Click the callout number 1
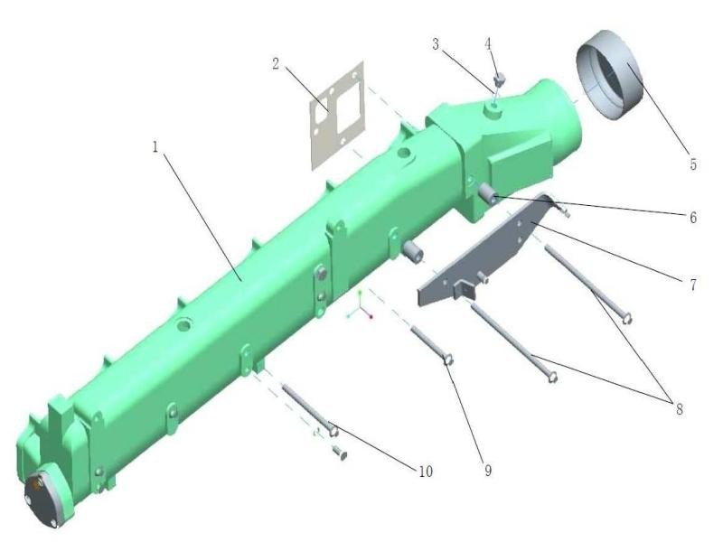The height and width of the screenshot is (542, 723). tap(155, 147)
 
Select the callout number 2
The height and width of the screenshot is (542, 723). tap(276, 63)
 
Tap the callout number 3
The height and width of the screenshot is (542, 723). tap(436, 44)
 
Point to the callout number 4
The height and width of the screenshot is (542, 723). tap(488, 43)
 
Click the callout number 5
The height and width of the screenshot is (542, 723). tap(693, 164)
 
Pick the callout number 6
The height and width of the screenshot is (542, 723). tap(693, 218)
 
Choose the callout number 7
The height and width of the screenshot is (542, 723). tap(693, 285)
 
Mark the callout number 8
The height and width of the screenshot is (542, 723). tap(680, 409)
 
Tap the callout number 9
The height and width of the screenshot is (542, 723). tap(488, 471)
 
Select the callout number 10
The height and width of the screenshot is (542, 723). tap(426, 472)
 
